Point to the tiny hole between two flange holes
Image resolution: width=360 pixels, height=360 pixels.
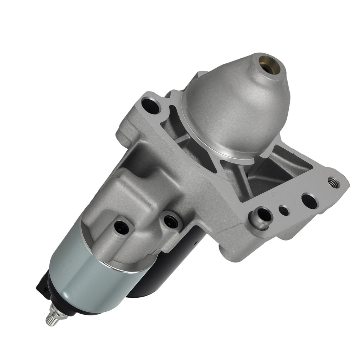click(284, 210)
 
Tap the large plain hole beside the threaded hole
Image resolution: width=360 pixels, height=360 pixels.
click(309, 201)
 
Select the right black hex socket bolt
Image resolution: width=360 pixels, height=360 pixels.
click(171, 221)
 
